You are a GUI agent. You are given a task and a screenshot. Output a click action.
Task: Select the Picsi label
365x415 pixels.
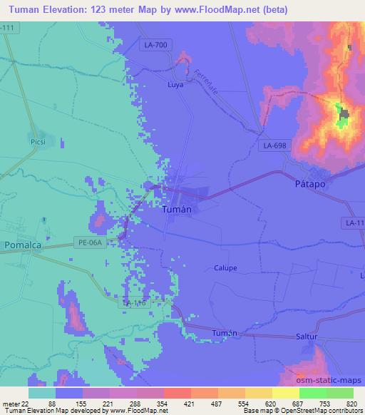click(38, 142)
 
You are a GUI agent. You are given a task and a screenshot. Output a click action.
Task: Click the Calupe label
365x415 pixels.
click(225, 268)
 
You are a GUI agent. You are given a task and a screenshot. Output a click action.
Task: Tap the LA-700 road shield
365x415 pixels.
click(155, 46)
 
